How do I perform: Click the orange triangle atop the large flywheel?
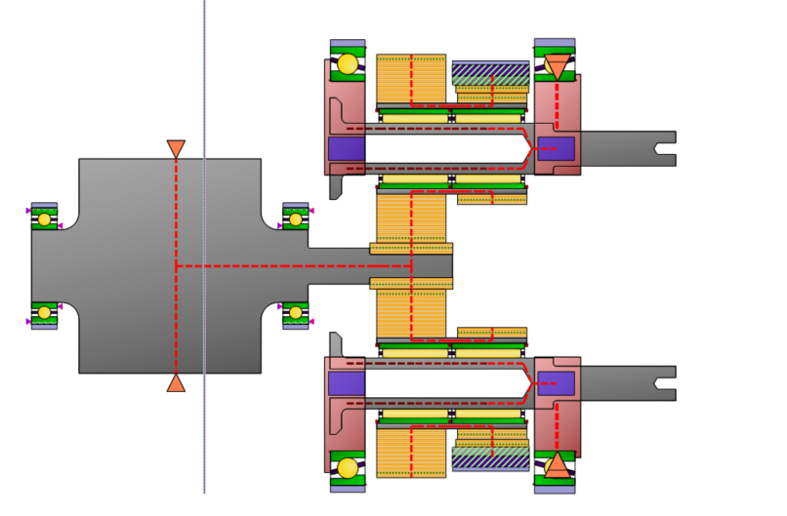(176, 149)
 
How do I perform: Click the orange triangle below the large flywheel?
(176, 382)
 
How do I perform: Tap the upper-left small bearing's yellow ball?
(44, 218)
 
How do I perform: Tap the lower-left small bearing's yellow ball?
(44, 313)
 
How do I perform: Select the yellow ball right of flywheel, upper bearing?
(296, 219)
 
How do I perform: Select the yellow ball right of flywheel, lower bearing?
(296, 313)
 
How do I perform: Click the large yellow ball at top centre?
(348, 64)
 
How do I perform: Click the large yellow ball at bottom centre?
(348, 468)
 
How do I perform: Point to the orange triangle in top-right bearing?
(557, 67)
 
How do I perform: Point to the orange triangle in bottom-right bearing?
(557, 464)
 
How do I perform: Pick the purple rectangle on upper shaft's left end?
(347, 149)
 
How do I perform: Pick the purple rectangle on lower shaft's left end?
(347, 383)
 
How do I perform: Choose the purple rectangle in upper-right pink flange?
(556, 149)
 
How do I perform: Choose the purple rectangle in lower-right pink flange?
(556, 383)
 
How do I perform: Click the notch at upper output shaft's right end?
(667, 148)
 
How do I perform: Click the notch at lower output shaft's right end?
(667, 383)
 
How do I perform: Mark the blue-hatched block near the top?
(491, 74)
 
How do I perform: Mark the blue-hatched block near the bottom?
(491, 458)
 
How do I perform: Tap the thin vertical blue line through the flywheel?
(204, 439)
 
